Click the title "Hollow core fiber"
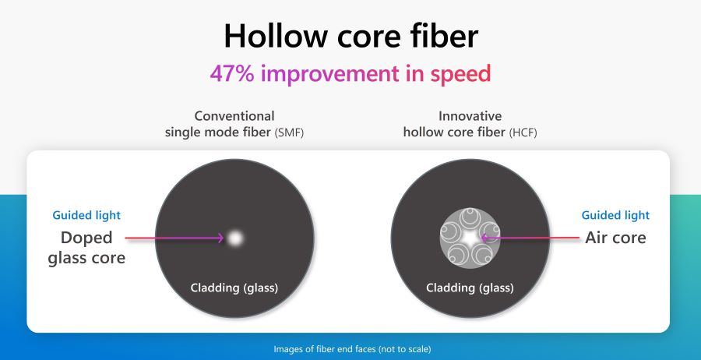pyautogui.click(x=350, y=36)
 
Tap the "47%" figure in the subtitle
pyautogui.click(x=231, y=74)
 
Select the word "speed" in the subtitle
pyautogui.click(x=461, y=75)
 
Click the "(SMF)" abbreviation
pyautogui.click(x=289, y=132)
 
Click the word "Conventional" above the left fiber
pyautogui.click(x=234, y=116)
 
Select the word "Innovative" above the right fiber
pyautogui.click(x=470, y=116)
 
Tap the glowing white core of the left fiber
pyautogui.click(x=234, y=238)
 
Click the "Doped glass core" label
pyautogui.click(x=86, y=247)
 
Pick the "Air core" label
pyautogui.click(x=615, y=238)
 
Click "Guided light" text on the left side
pyautogui.click(x=86, y=215)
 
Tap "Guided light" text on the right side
pyautogui.click(x=615, y=215)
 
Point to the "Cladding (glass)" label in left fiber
pyautogui.click(x=234, y=288)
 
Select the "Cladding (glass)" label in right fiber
pyautogui.click(x=470, y=288)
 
